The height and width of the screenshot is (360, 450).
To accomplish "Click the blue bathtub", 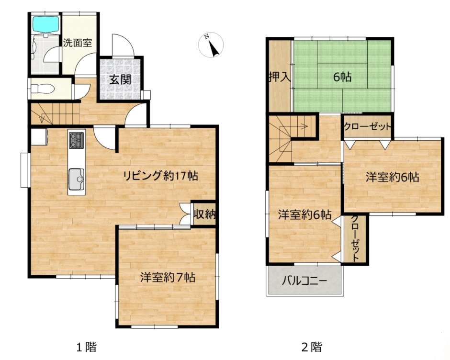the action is coord(45,24).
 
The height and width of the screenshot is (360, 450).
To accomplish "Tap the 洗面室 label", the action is coord(78,43).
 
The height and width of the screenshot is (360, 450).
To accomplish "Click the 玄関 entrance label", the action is coord(121,79).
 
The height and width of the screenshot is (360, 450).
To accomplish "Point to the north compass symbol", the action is coord(211,45).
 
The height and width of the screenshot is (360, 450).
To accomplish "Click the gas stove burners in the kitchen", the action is coord(76,140).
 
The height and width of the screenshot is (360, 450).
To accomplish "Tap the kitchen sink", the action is coord(76,179).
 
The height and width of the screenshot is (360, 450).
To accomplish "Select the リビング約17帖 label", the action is coord(161,175).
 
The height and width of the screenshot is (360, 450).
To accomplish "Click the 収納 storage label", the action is coord(204,214).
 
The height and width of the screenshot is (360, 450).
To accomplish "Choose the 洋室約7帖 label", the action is coord(168,277).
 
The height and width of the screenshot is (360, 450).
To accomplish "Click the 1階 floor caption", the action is coord(86,347).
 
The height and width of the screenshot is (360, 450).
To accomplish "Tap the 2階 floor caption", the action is coord(312,347).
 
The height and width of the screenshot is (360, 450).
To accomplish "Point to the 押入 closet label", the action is coord(280,77).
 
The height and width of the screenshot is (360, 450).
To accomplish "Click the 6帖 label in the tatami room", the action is coord(342,77).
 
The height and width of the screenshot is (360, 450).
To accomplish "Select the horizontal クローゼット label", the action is coord(367,126).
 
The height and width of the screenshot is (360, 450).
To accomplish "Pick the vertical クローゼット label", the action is coord(355,238).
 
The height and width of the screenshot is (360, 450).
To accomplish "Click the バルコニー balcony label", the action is coord(304,280).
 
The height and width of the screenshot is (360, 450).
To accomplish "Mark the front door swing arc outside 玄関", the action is coord(123,45).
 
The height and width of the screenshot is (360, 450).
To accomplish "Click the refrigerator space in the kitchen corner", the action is coord(39,137).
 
